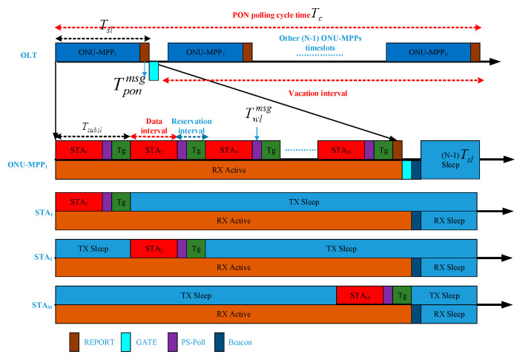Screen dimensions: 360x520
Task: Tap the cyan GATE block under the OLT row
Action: [154, 71]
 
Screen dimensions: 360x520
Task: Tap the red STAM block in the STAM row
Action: [359, 295]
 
